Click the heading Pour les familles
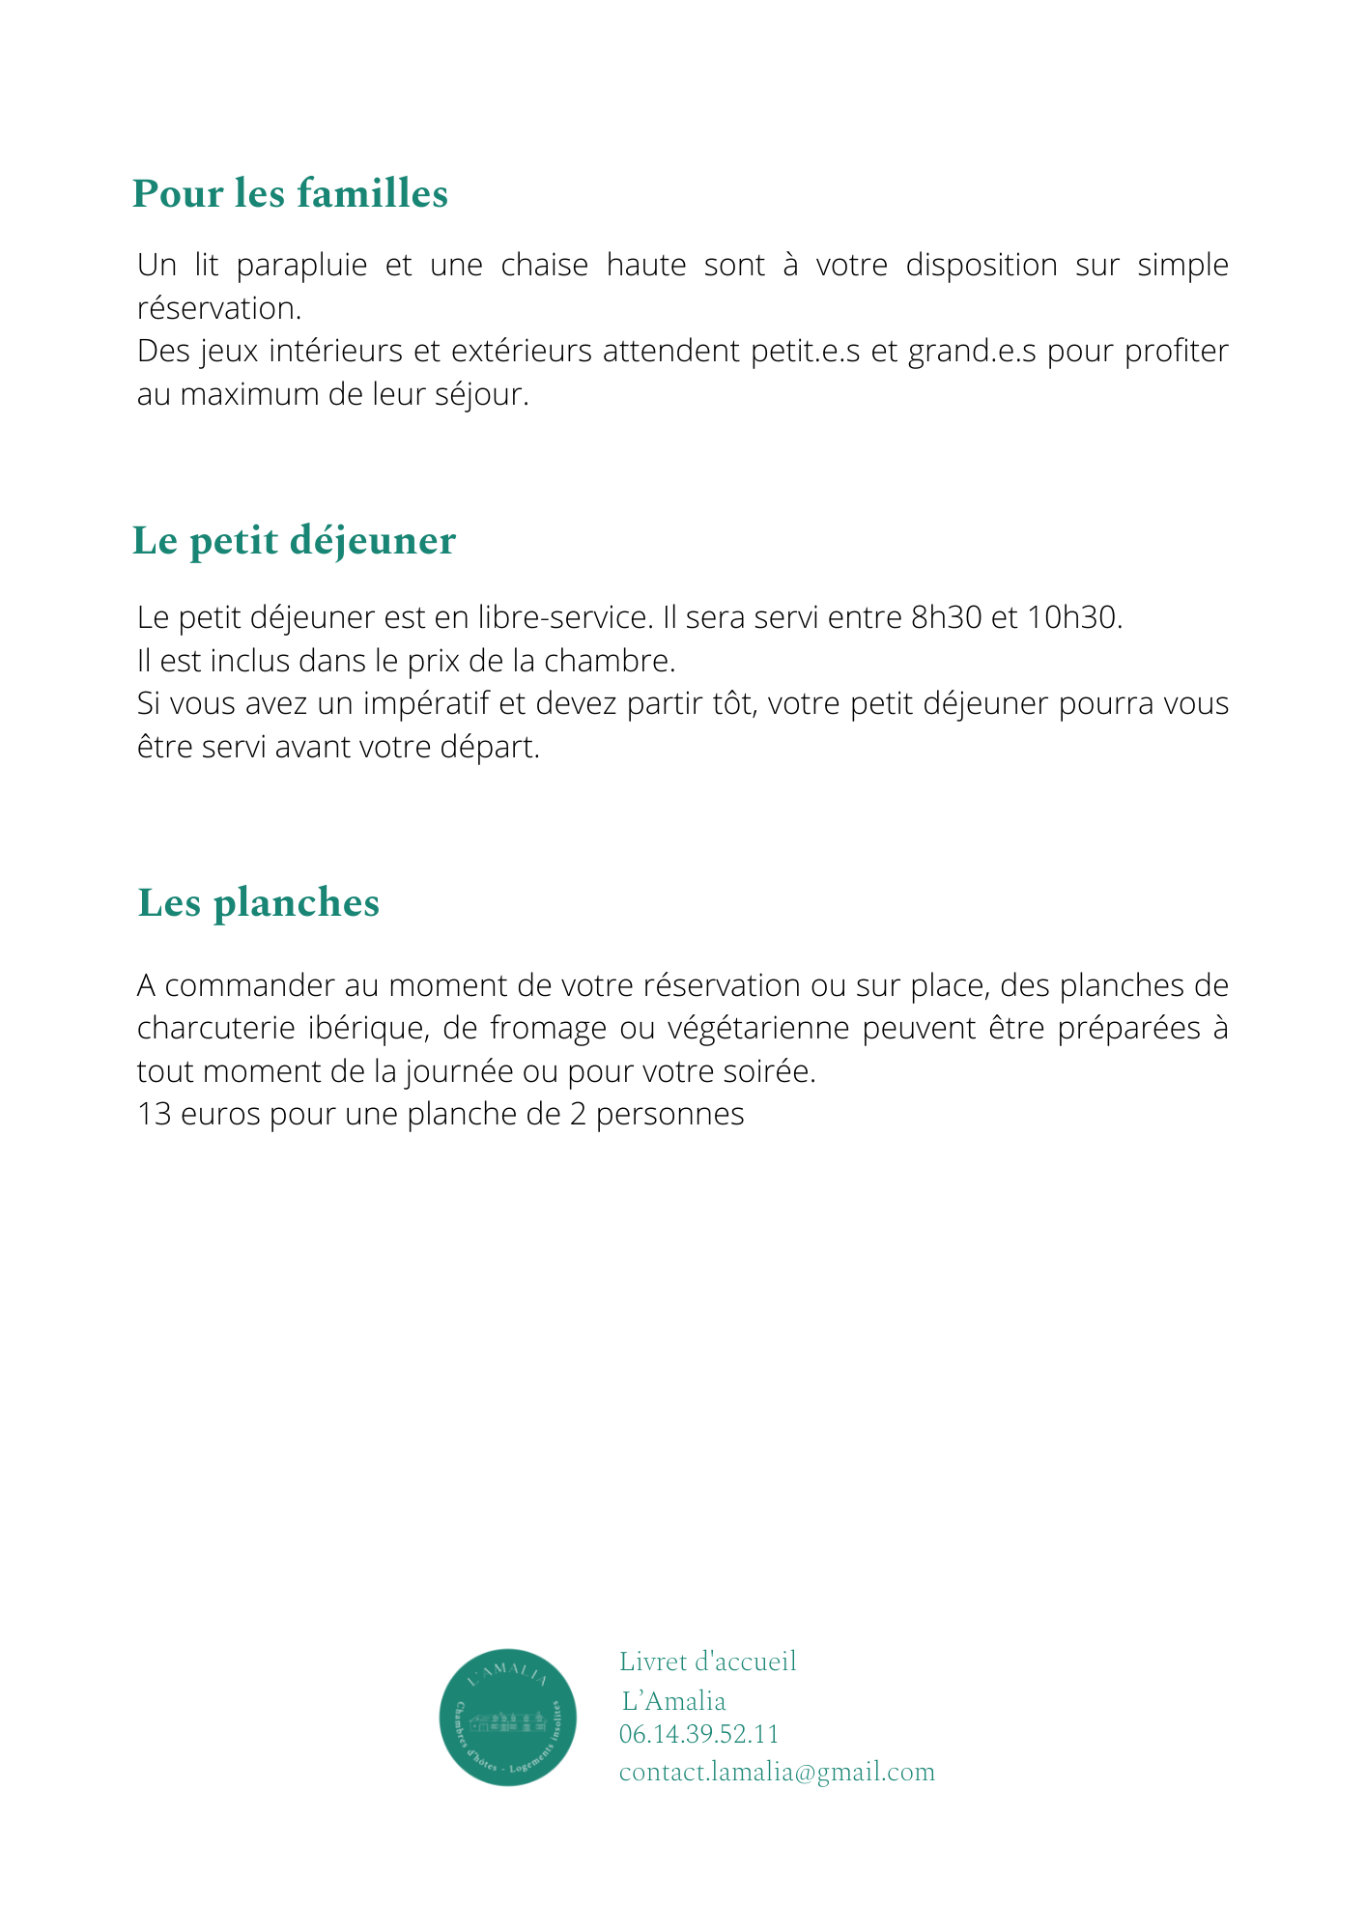pos(290,193)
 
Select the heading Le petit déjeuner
pos(294,540)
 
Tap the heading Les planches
pos(259,902)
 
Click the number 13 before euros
pos(154,1115)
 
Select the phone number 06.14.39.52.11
pos(698,1734)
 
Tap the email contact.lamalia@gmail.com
pos(777,1772)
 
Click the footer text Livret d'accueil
pos(707,1662)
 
